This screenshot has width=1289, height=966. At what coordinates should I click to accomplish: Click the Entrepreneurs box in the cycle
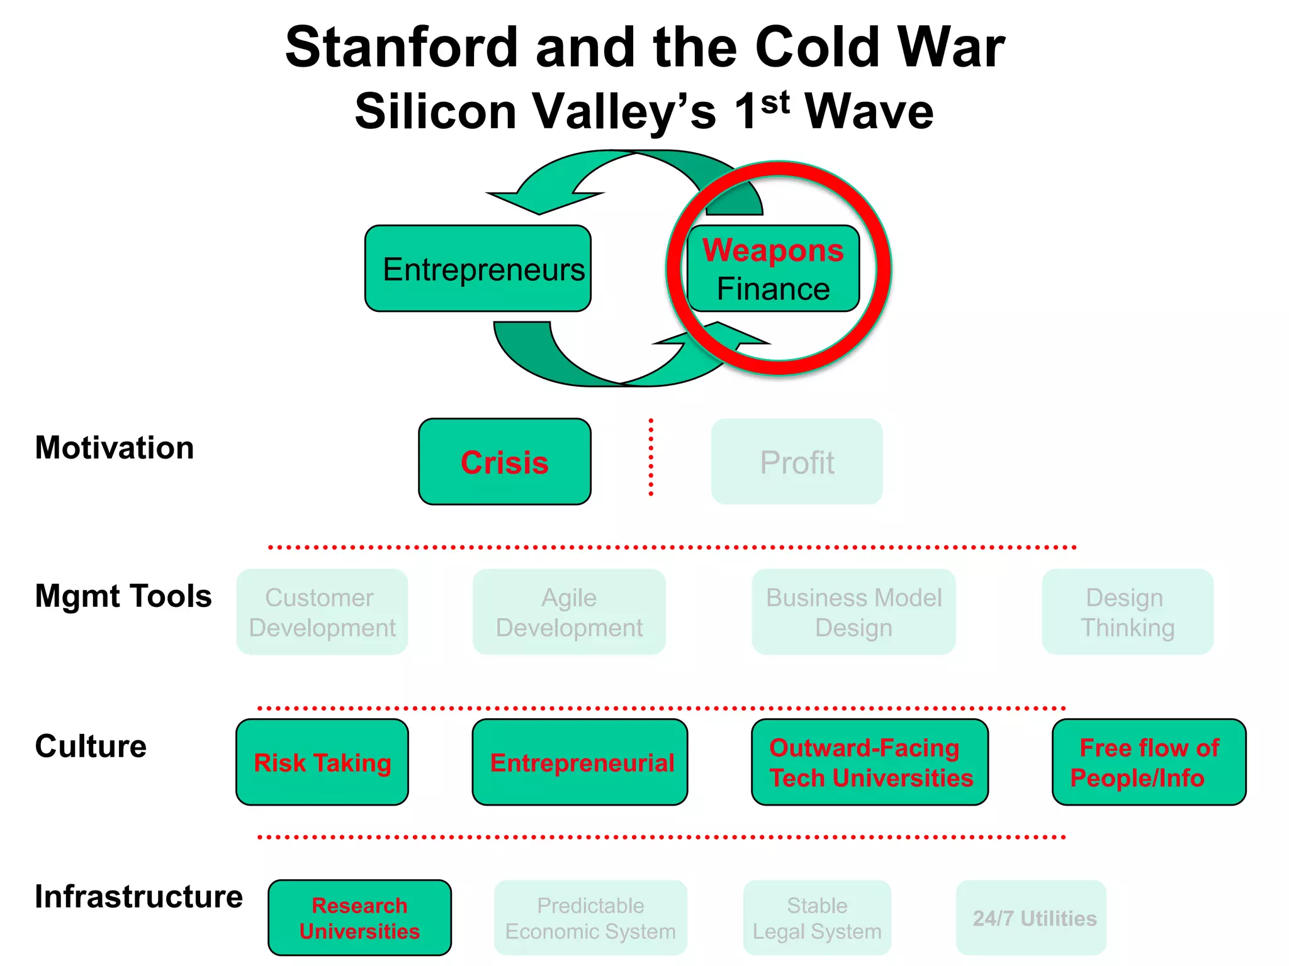(x=478, y=269)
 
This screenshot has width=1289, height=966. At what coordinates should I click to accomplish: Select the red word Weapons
(x=773, y=250)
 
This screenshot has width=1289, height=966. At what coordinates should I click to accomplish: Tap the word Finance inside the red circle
(x=773, y=289)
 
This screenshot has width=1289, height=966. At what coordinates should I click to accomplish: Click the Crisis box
(x=504, y=462)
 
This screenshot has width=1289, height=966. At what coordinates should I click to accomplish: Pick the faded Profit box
(x=796, y=462)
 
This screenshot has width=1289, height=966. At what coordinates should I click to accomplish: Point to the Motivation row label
(x=115, y=448)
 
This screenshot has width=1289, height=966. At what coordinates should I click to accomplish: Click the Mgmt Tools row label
(x=123, y=596)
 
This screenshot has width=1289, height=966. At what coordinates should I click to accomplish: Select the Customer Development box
(x=322, y=612)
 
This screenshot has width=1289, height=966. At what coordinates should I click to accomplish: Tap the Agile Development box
(x=568, y=612)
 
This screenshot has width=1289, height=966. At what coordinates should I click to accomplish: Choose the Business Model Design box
(x=853, y=612)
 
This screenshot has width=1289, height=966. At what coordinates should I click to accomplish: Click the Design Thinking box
(x=1127, y=612)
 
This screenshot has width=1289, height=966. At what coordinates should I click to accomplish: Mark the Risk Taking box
(x=322, y=762)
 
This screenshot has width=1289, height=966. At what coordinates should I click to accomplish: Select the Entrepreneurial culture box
(x=580, y=762)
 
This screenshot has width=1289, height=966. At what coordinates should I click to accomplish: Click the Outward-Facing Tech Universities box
(x=870, y=762)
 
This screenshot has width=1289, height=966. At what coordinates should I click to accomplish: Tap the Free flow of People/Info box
(x=1149, y=762)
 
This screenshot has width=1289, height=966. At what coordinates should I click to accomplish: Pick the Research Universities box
(x=359, y=918)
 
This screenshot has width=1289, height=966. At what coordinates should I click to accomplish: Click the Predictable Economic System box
(x=590, y=918)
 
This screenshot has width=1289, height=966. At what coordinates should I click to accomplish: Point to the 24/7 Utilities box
(x=1034, y=918)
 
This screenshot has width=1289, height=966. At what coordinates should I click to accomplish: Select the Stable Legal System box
(x=817, y=918)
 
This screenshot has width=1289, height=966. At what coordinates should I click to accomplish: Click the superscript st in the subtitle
(x=775, y=102)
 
